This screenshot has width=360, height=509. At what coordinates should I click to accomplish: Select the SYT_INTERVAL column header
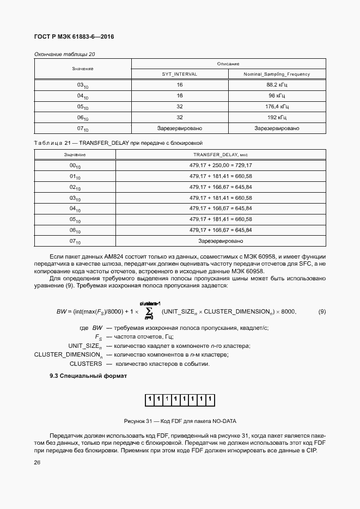(x=180, y=74)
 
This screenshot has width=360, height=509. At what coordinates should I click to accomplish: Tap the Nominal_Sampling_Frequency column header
(x=277, y=74)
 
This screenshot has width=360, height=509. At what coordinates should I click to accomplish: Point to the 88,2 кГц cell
(x=277, y=85)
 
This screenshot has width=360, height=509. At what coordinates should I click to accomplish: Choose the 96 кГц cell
(x=277, y=96)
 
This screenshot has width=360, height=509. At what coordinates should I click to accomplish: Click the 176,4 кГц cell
(x=277, y=107)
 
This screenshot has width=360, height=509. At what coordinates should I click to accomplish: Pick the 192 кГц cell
(x=277, y=118)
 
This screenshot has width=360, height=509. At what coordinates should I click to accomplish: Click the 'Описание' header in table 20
(x=228, y=64)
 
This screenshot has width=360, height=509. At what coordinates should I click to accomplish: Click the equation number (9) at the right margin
(x=321, y=311)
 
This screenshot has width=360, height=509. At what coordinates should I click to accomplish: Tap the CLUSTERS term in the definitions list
(x=87, y=364)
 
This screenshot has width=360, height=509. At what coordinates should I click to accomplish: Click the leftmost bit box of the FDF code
(x=149, y=401)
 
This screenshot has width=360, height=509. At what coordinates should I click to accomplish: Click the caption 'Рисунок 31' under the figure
(x=180, y=421)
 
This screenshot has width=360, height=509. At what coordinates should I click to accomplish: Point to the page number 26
(x=37, y=463)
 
